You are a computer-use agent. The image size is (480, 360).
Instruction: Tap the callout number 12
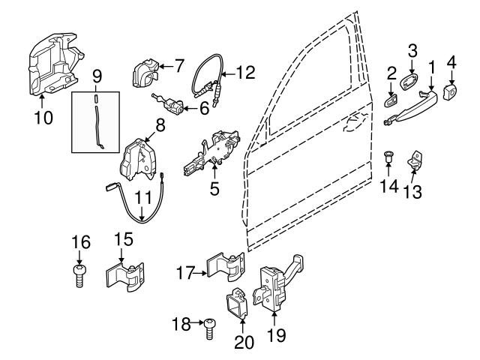[244, 73]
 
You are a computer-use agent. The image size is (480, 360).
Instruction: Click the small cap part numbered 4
[452, 92]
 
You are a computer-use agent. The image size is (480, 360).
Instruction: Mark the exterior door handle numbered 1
[411, 105]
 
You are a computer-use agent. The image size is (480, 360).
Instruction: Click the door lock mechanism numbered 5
[215, 150]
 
